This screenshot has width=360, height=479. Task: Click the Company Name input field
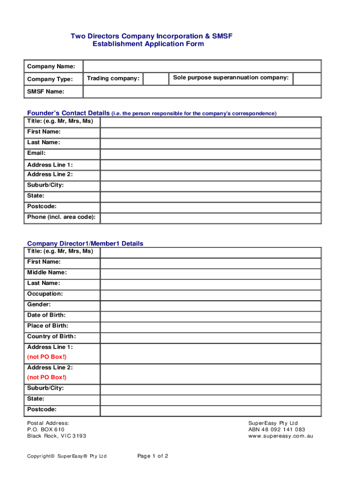click(x=202, y=66)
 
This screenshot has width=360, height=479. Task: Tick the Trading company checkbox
click(x=156, y=79)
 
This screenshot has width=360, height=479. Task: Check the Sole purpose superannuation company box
click(x=307, y=79)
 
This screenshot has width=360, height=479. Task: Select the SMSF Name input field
click(x=202, y=92)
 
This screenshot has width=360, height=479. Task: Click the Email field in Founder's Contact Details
click(x=210, y=154)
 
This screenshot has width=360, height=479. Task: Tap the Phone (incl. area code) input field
click(x=210, y=218)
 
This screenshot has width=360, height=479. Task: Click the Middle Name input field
click(x=210, y=274)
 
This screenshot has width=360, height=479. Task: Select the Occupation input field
click(x=210, y=295)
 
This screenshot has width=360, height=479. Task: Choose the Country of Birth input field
click(x=210, y=338)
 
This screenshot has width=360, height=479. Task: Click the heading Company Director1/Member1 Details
click(x=85, y=244)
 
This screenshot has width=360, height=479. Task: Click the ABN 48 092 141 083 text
click(x=277, y=429)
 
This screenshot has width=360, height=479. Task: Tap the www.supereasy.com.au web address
click(x=281, y=436)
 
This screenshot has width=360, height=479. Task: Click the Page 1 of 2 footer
click(x=153, y=456)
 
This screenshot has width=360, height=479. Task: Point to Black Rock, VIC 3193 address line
click(x=57, y=436)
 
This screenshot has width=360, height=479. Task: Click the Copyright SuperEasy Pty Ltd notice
click(x=67, y=456)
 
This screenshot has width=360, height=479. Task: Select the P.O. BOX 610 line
click(x=46, y=429)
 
